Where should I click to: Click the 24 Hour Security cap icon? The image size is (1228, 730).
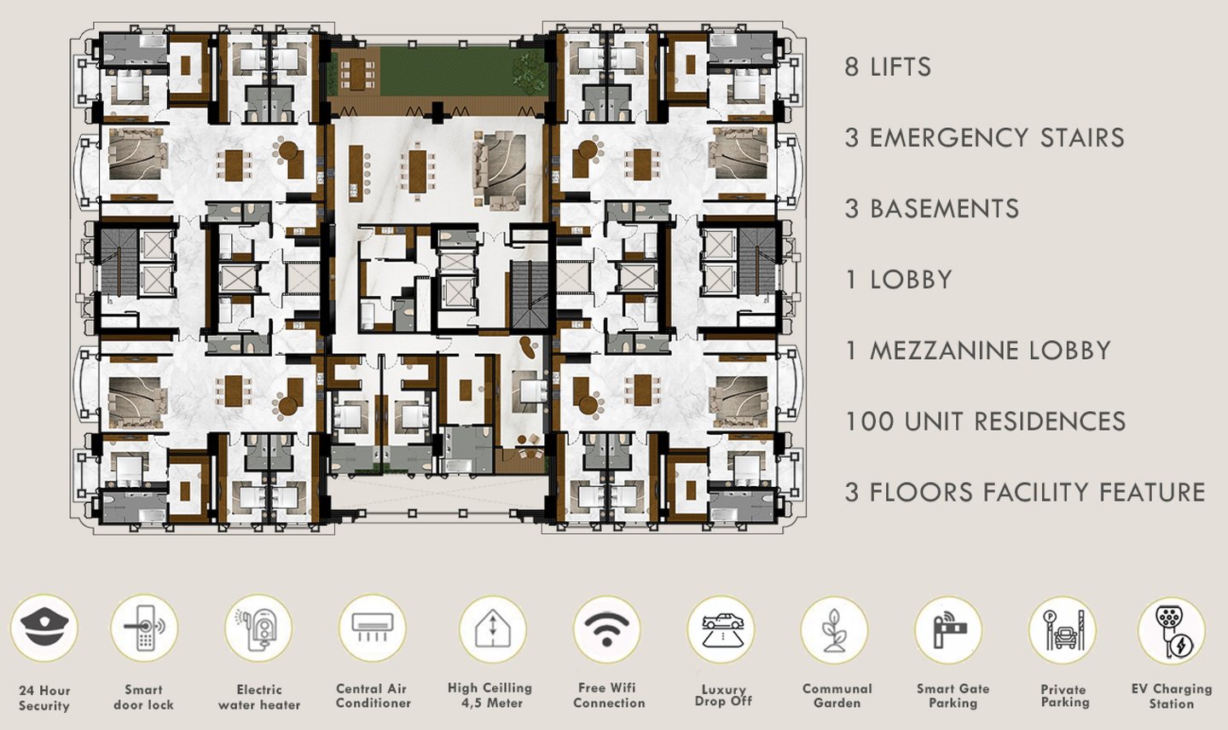point(43,629)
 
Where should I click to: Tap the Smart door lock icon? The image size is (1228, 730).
point(143,629)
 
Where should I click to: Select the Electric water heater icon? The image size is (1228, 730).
point(258,629)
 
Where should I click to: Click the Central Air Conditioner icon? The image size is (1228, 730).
point(373,629)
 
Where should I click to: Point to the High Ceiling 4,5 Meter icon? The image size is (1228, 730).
point(491,629)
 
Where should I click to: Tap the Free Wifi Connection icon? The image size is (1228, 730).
point(606,629)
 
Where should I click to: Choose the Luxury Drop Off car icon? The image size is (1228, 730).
point(721,629)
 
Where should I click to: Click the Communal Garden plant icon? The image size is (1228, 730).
point(835,629)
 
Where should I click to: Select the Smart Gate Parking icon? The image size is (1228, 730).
point(949,629)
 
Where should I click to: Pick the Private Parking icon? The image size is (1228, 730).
point(1063,629)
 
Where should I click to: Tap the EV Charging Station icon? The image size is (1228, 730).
point(1172,629)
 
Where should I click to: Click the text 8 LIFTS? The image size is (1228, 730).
point(888,67)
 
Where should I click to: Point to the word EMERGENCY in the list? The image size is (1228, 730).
point(948,138)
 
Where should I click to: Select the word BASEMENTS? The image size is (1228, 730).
point(944,209)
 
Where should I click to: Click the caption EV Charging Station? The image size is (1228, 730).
point(1171,697)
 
